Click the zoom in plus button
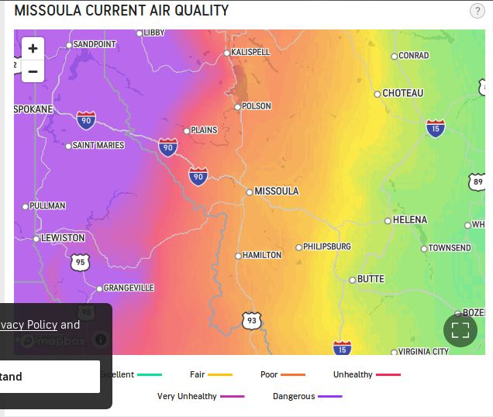click(x=33, y=49)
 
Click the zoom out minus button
click(x=33, y=72)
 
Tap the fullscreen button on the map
click(x=460, y=330)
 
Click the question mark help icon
click(x=477, y=11)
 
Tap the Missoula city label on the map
click(x=277, y=191)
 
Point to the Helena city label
click(x=409, y=220)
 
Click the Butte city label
click(x=371, y=279)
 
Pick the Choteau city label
click(x=402, y=93)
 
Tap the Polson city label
click(x=256, y=106)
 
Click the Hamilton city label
click(x=262, y=255)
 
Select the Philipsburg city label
click(x=326, y=246)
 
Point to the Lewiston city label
click(x=63, y=238)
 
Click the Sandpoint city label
click(x=94, y=44)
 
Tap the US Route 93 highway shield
click(x=251, y=321)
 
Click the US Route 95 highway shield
click(x=81, y=263)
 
